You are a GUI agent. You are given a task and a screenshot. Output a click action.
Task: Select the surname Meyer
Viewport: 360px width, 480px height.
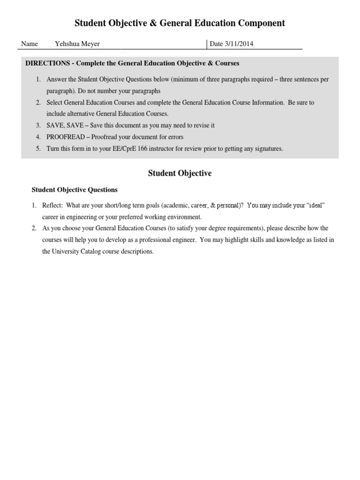90,44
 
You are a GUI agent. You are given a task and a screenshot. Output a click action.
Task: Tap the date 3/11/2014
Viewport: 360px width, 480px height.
239,44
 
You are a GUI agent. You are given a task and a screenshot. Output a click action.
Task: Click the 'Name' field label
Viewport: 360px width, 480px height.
30,44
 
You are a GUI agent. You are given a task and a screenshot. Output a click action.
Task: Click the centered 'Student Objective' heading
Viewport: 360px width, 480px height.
180,173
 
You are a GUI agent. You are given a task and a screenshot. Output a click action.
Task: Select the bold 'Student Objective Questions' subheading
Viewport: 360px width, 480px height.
75,190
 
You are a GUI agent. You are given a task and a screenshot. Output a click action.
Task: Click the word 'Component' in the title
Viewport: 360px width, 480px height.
261,23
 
